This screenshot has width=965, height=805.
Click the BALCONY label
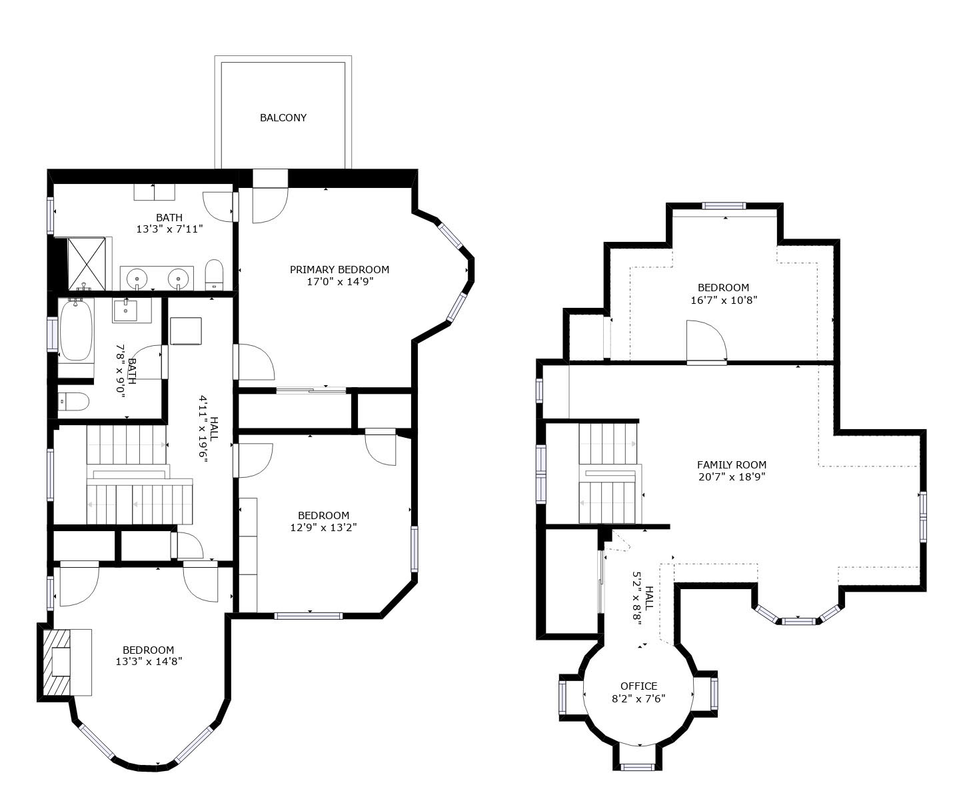pyautogui.click(x=283, y=118)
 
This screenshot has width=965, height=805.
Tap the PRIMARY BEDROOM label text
pyautogui.click(x=339, y=269)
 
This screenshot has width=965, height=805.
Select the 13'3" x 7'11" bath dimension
pyautogui.click(x=170, y=229)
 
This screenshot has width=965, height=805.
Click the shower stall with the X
pyautogui.click(x=87, y=264)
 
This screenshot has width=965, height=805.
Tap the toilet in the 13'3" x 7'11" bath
pyautogui.click(x=214, y=274)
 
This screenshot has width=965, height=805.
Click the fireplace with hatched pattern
pyautogui.click(x=56, y=662)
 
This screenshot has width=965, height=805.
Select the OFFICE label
pyautogui.click(x=638, y=686)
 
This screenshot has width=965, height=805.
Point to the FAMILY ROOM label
pyautogui.click(x=732, y=465)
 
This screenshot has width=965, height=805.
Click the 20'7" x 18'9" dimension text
pyautogui.click(x=732, y=477)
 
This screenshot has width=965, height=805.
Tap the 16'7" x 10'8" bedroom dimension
pyautogui.click(x=724, y=300)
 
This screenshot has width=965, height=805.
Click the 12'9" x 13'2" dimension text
pyautogui.click(x=323, y=527)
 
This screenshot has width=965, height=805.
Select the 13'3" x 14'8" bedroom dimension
pyautogui.click(x=149, y=662)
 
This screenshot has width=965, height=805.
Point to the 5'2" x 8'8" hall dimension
pyautogui.click(x=638, y=598)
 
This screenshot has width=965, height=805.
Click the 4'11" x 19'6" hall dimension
pyautogui.click(x=203, y=431)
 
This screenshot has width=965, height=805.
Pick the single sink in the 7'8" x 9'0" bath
pyautogui.click(x=126, y=311)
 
